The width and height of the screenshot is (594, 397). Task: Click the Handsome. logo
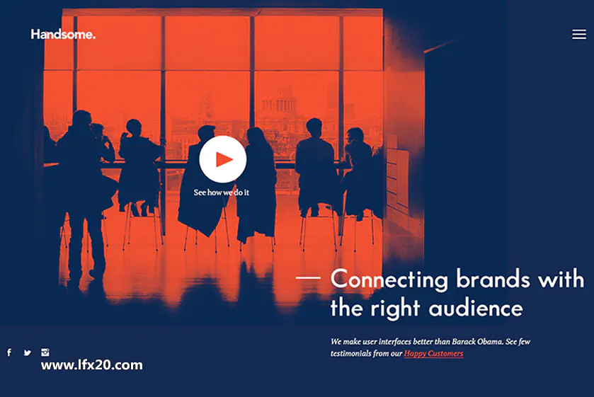coord(63,35)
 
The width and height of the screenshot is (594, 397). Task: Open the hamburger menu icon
coord(579,35)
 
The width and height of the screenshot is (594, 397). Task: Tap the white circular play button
coord(223,159)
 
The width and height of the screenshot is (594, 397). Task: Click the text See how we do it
coord(221,192)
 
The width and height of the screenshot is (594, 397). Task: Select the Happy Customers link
coord(433,353)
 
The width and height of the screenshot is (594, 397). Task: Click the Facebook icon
coord(9,352)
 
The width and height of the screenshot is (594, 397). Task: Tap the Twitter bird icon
coord(28,352)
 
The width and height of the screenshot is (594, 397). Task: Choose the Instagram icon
coord(45,352)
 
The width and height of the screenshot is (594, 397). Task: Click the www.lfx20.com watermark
coord(91,365)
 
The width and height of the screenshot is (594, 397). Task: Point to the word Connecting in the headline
coord(389,280)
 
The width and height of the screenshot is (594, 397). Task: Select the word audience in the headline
coord(476,308)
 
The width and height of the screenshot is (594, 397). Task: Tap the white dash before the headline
coord(308,277)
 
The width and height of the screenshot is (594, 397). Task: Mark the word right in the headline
coord(395,309)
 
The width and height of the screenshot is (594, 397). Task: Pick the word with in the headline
coord(561,279)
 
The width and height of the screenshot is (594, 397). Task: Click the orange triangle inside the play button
coord(224,159)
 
